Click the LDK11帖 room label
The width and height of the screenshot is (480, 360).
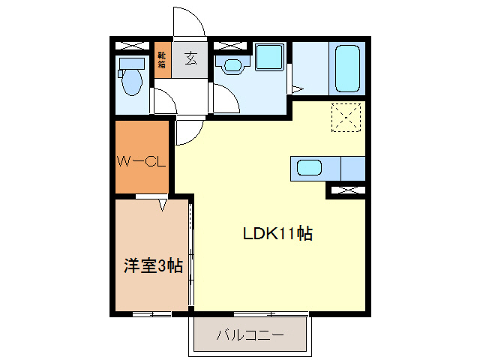click(x=277, y=233)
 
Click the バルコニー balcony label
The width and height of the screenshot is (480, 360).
click(x=250, y=334)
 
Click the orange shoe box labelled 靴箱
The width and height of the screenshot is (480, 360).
click(x=163, y=59)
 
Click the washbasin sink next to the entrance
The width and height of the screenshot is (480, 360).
click(x=232, y=66)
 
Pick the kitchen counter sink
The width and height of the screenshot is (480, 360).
click(x=310, y=167)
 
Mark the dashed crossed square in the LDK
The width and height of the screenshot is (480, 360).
click(x=346, y=115)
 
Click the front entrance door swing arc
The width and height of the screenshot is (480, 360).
click(x=190, y=21)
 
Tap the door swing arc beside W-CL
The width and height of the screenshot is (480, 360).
click(x=187, y=133)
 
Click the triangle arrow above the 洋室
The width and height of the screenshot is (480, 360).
click(x=163, y=204)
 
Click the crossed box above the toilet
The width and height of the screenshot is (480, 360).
click(x=133, y=44)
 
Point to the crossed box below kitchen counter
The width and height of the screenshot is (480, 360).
click(x=346, y=191)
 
